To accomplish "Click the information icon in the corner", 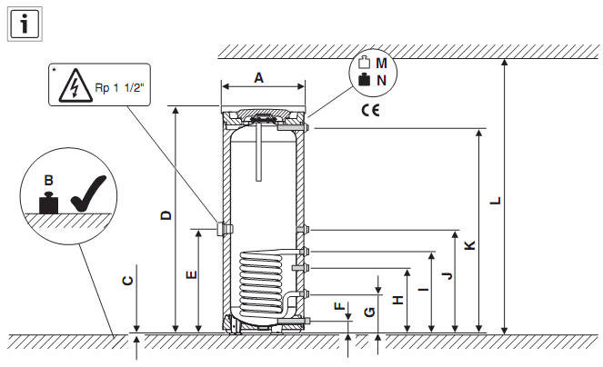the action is [25, 24].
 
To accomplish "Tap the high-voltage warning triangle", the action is [75, 86].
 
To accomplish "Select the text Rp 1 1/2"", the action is [119, 87].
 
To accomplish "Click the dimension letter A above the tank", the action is [259, 78].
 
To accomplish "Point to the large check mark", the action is [88, 193].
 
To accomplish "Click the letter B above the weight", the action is [48, 180].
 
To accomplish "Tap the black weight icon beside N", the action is [364, 80].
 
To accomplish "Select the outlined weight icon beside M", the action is [364, 63].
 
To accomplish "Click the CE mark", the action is [371, 110].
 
